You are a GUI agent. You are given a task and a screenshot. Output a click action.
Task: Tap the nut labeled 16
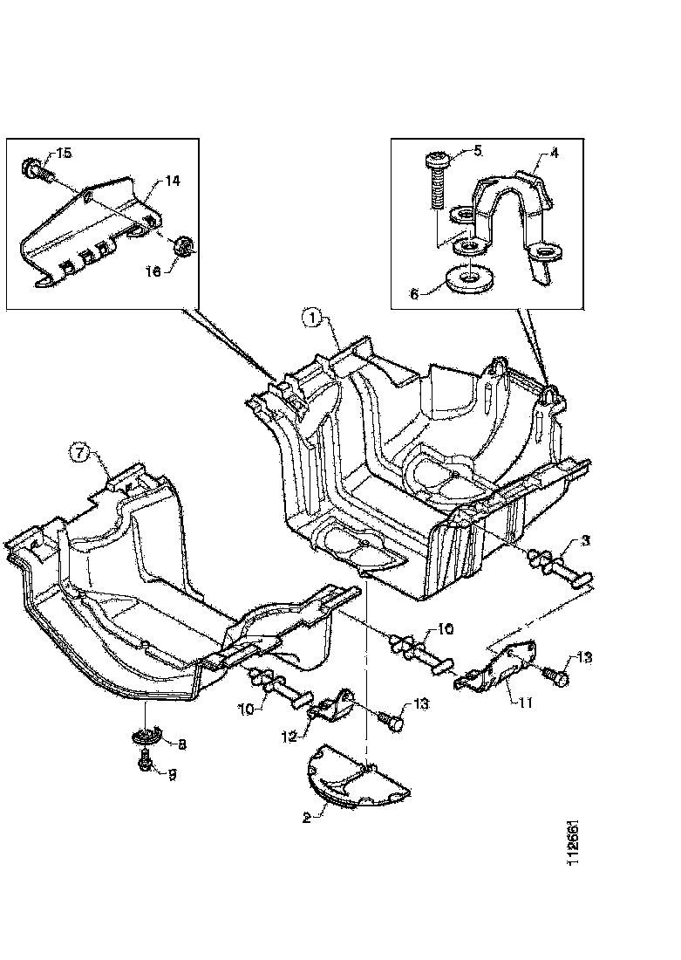pyautogui.click(x=184, y=246)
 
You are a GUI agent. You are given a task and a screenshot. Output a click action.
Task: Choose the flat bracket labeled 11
pyautogui.click(x=495, y=669)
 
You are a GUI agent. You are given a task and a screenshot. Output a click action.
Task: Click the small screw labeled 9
pyautogui.click(x=146, y=764)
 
